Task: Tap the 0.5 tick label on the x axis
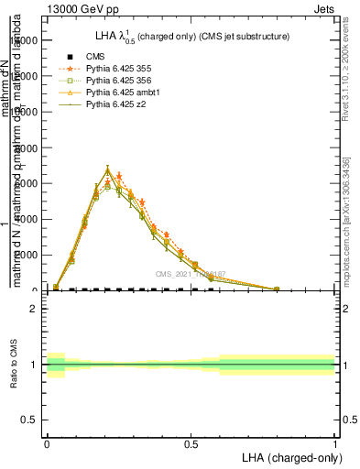click(x=191, y=444)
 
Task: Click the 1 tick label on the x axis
click(x=335, y=444)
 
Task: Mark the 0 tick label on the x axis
click(x=47, y=444)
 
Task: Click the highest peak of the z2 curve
click(x=108, y=169)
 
